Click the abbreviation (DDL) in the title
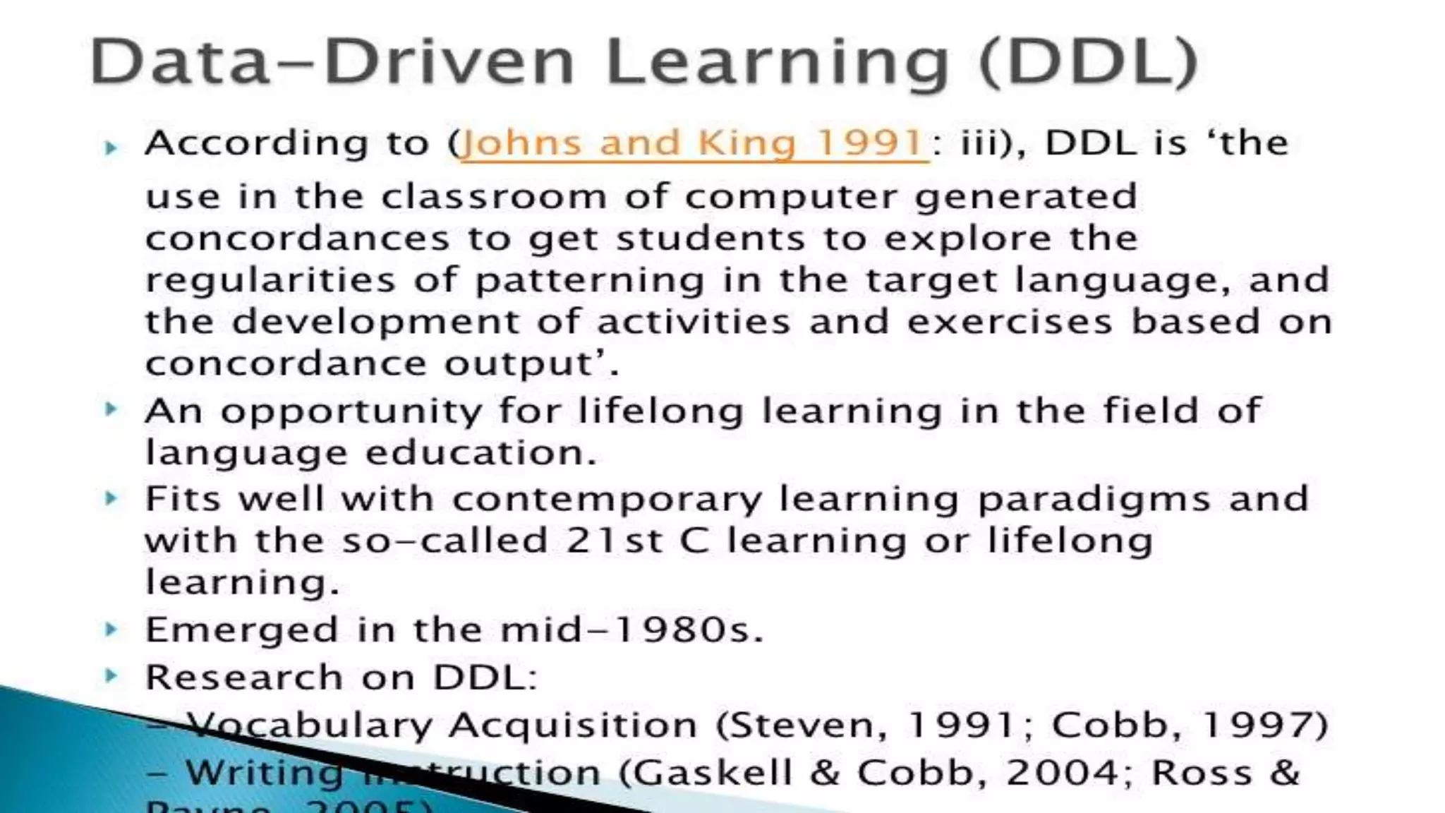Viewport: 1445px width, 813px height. (1088, 62)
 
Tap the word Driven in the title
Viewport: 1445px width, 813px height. (449, 62)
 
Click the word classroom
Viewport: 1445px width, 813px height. (494, 196)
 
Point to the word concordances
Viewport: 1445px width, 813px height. (297, 239)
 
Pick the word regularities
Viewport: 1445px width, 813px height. (270, 281)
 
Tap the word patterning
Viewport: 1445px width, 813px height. (589, 281)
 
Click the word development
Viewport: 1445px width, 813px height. (375, 323)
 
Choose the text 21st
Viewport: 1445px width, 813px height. (615, 541)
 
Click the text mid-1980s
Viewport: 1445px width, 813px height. (631, 630)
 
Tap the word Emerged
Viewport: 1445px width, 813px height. (241, 630)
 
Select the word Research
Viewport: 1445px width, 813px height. (244, 677)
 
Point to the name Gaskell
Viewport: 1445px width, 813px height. (711, 772)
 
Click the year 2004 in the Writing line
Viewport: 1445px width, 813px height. (1063, 772)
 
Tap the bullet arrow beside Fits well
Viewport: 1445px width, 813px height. (111, 499)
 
